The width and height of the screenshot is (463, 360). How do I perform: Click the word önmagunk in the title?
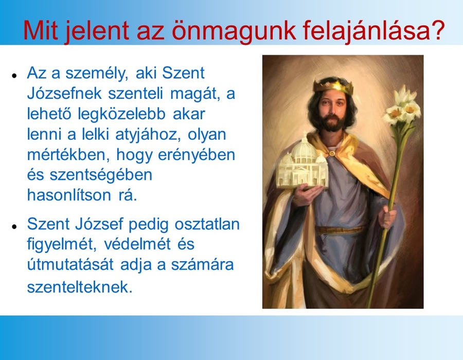pyautogui.click(x=234, y=31)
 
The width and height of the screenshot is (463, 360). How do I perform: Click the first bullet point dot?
pyautogui.click(x=13, y=75)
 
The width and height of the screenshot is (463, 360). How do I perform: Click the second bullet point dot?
pyautogui.click(x=13, y=226)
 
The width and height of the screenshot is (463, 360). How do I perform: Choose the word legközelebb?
pyautogui.click(x=121, y=114)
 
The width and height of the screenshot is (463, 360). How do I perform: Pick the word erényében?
pyautogui.click(x=197, y=155)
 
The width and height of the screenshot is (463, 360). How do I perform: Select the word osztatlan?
pyautogui.click(x=207, y=224)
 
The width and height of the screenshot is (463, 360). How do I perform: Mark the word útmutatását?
pyautogui.click(x=70, y=264)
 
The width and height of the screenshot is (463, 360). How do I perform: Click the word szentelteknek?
pyautogui.click(x=80, y=286)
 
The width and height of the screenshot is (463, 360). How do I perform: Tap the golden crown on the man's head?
pyautogui.click(x=333, y=85)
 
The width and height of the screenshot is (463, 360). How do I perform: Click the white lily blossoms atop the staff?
pyautogui.click(x=403, y=107)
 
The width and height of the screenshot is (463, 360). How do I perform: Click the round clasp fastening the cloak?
pyautogui.click(x=332, y=153)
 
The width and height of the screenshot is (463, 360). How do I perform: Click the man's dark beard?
pyautogui.click(x=333, y=123)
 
